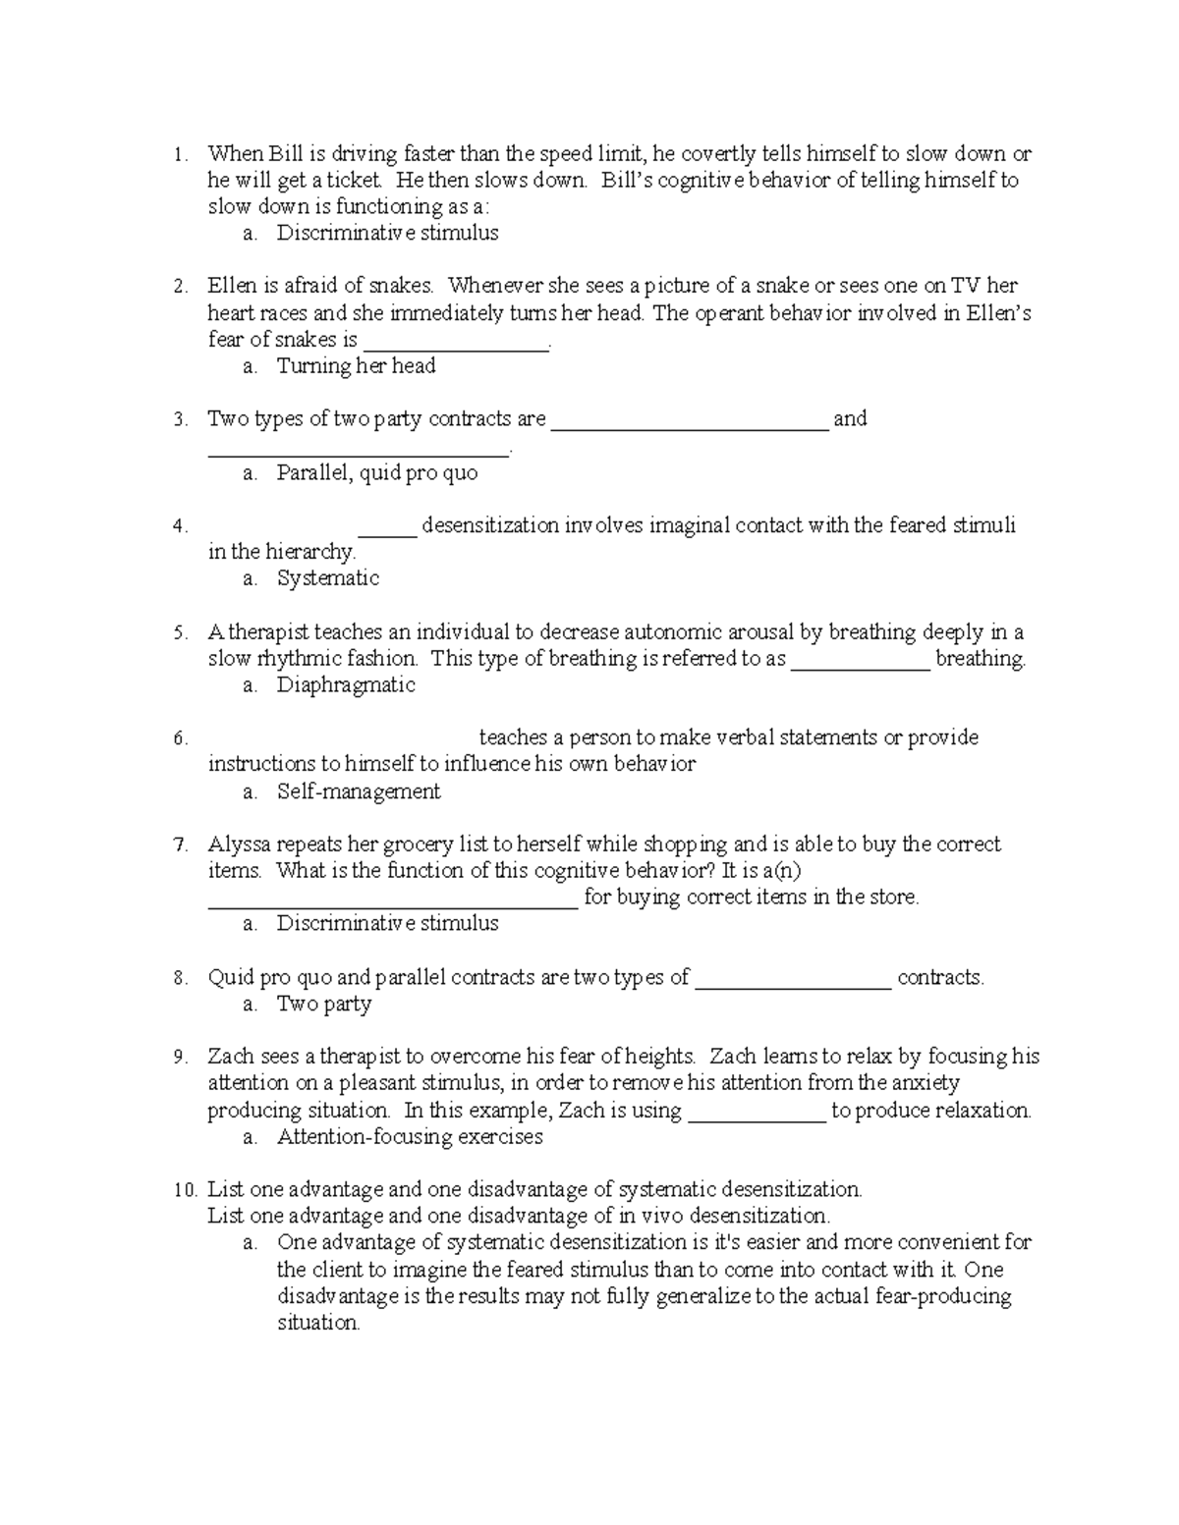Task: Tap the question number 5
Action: pos(180,632)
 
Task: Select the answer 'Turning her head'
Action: pos(356,366)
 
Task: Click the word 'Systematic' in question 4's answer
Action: pos(328,578)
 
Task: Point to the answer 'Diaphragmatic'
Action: pos(346,685)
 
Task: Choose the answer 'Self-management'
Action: pos(359,791)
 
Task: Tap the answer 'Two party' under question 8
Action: pos(324,1004)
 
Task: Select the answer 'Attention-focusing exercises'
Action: pos(410,1137)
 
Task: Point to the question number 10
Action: pos(186,1190)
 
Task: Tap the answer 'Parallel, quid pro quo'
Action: pos(377,473)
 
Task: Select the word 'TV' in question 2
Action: pos(968,286)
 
